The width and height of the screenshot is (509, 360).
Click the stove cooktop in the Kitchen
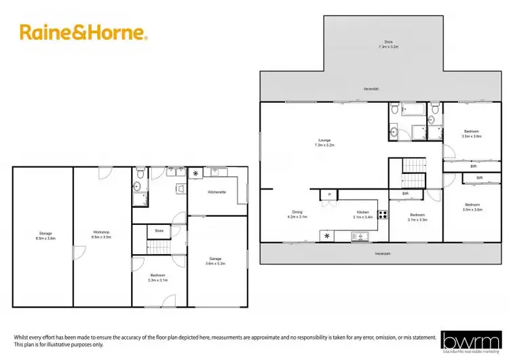383,216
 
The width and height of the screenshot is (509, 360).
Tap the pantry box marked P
329,195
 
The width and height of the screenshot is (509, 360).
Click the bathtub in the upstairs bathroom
410,109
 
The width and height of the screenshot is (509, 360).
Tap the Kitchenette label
217,192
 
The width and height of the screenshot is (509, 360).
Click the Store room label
159,230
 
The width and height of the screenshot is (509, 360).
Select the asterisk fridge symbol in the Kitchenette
196,175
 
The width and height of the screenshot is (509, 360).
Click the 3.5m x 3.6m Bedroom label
472,133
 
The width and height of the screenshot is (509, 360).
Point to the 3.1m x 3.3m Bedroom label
417,218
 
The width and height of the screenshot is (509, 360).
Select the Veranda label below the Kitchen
384,254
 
